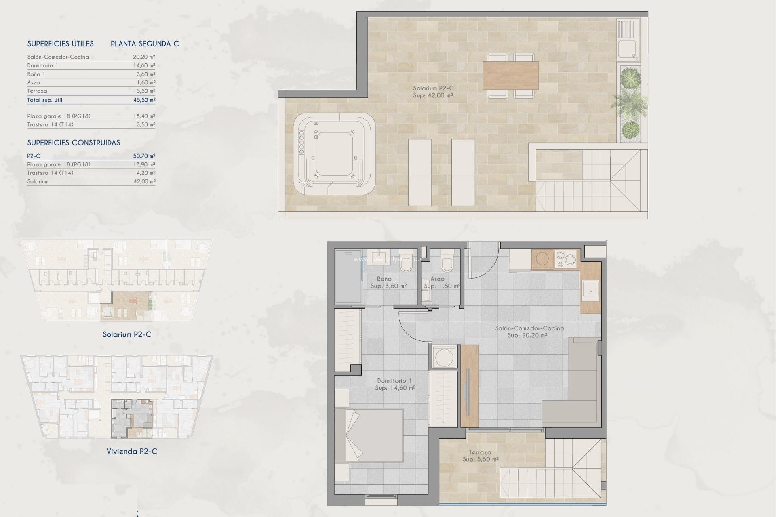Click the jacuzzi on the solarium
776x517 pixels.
(x=334, y=154)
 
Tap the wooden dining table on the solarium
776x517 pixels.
(x=510, y=75)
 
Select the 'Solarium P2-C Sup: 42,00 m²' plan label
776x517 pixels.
(x=433, y=92)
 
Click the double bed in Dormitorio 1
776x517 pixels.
(x=370, y=435)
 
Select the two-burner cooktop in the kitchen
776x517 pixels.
(x=566, y=259)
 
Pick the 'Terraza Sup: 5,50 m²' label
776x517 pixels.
(x=480, y=456)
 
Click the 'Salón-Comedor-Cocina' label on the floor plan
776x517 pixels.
(x=529, y=328)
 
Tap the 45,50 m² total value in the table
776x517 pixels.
(x=144, y=100)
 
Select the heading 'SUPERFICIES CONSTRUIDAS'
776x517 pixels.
(x=74, y=143)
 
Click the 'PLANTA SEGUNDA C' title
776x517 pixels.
(x=145, y=44)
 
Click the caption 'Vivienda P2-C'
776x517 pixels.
(x=132, y=451)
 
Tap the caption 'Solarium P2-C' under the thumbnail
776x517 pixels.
(x=127, y=334)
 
